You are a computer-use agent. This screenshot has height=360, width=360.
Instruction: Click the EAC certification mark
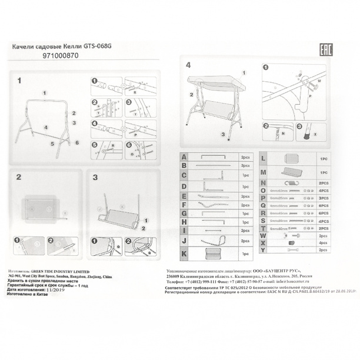point(325,50)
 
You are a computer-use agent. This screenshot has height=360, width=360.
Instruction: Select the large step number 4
point(188,65)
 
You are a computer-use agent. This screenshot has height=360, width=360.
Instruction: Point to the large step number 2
point(19,176)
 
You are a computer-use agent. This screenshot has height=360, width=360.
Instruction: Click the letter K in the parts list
point(184,254)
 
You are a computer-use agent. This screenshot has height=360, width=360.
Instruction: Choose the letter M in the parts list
point(263,172)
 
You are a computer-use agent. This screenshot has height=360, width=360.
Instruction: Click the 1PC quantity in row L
point(323,159)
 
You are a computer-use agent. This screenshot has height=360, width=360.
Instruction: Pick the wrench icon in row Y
point(293,251)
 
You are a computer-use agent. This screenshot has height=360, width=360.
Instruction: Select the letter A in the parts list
point(184,158)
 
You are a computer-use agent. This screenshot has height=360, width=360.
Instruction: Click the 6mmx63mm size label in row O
point(278,191)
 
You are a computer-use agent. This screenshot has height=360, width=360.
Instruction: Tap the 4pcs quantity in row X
point(322,242)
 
